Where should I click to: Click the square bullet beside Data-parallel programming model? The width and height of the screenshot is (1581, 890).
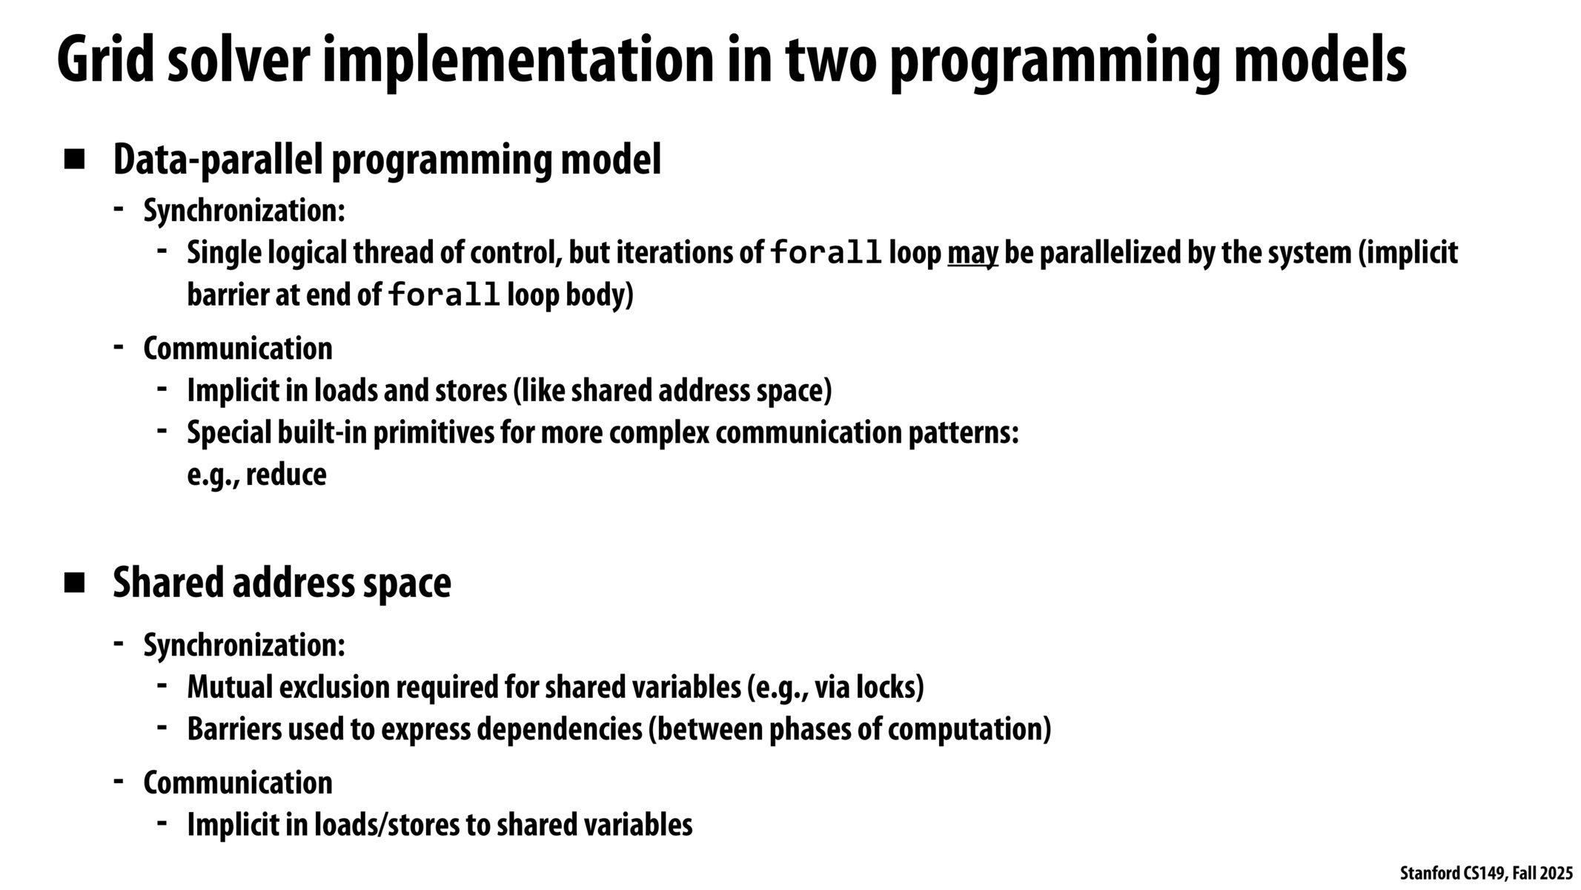(75, 159)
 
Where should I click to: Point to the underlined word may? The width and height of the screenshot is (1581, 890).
(972, 254)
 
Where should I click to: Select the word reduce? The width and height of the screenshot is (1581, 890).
(286, 475)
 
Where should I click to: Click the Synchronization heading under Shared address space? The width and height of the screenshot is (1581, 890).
(244, 645)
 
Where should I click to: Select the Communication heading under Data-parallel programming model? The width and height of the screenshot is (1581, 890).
(238, 349)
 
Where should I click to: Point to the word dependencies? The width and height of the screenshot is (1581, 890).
(560, 729)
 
